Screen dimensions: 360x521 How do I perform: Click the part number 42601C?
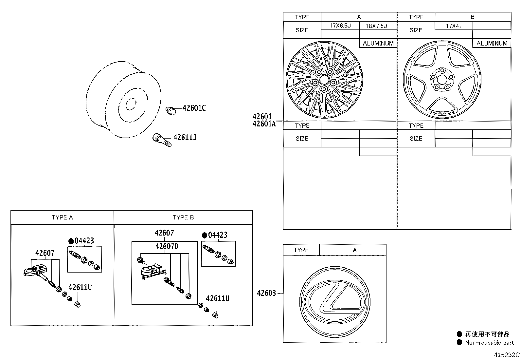194,108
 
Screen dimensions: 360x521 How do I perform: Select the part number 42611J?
185,138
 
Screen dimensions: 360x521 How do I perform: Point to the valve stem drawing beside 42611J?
162,140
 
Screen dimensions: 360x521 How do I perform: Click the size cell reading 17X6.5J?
340,26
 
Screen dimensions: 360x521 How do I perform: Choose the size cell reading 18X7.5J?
378,26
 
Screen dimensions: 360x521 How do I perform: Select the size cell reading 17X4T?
454,26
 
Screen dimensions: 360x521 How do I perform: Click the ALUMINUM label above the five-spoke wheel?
492,43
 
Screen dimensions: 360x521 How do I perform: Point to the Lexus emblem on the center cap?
335,298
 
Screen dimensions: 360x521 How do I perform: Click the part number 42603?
266,294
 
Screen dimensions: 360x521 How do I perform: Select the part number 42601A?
264,124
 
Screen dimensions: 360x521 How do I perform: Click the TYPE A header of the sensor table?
62,218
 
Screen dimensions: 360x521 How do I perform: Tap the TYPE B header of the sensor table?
183,218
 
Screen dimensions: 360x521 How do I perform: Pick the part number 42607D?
167,246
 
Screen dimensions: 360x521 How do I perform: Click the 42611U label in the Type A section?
80,288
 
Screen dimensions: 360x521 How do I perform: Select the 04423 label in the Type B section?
218,235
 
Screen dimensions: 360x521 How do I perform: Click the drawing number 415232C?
507,355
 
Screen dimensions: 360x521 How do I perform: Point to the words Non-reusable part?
489,343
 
